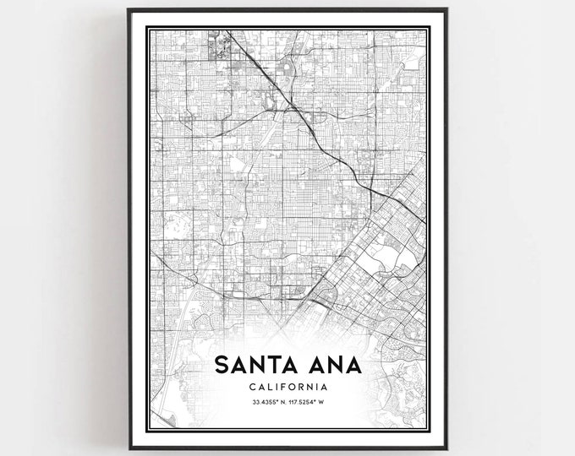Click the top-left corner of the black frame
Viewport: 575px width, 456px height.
tap(129, 9)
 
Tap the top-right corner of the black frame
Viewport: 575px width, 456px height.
tap(447, 9)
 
